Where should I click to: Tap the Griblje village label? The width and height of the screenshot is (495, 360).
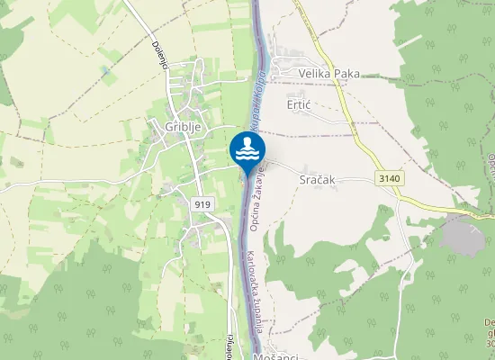click(182, 128)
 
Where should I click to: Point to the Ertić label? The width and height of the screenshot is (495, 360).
click(298, 105)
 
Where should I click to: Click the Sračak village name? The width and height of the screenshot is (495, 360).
click(316, 180)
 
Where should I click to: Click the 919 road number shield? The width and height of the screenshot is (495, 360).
click(202, 205)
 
